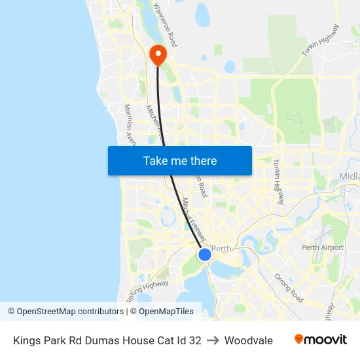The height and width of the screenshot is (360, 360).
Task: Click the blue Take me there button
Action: (x=180, y=160)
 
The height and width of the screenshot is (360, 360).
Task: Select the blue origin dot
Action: (x=204, y=254)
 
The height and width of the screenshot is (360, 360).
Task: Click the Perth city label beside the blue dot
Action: (x=222, y=249)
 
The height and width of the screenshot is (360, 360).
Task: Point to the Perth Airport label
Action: (x=322, y=247)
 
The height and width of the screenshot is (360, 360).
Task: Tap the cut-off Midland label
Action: (x=350, y=176)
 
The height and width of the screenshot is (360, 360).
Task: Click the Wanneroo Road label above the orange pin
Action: (x=165, y=25)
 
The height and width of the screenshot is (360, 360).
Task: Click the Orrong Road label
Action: (x=288, y=288)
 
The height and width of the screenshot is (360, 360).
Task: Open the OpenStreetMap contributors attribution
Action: (x=65, y=312)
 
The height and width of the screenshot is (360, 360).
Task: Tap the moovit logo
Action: (x=321, y=340)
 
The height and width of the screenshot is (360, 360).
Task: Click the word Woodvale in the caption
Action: (x=248, y=340)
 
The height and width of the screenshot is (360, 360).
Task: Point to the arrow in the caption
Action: (x=213, y=340)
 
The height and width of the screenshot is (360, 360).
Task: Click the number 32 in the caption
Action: (x=194, y=340)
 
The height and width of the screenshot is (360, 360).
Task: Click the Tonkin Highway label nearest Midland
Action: (x=278, y=182)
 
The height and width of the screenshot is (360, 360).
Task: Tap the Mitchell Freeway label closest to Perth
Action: (x=194, y=219)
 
